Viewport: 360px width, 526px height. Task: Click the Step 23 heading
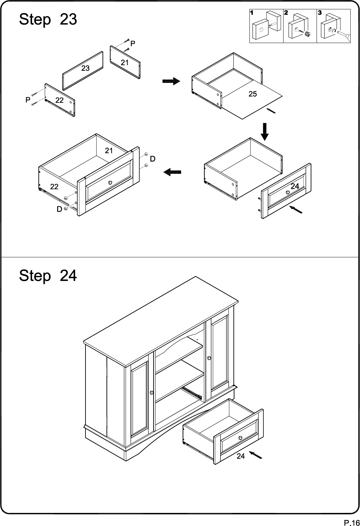point(48,19)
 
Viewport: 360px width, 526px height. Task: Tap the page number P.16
point(352,523)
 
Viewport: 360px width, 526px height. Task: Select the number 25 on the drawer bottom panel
point(252,94)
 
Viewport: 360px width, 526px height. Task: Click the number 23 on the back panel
point(85,68)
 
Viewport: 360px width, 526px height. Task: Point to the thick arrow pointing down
point(265,132)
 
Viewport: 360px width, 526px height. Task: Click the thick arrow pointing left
point(172,172)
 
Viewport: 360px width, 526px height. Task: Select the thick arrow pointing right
point(171,81)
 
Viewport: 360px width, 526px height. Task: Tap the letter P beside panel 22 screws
point(28,100)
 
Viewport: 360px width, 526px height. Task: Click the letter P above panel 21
point(133,43)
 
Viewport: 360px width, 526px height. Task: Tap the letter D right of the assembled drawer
point(153,159)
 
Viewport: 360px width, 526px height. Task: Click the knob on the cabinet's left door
point(152,392)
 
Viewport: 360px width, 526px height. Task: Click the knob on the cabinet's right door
point(209,358)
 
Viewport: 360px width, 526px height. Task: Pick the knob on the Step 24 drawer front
point(240,438)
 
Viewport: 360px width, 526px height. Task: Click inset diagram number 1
point(252,13)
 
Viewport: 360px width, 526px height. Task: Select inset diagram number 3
point(320,13)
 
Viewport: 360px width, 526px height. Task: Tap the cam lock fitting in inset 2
point(308,34)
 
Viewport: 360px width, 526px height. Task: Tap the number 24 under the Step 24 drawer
point(241,456)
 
